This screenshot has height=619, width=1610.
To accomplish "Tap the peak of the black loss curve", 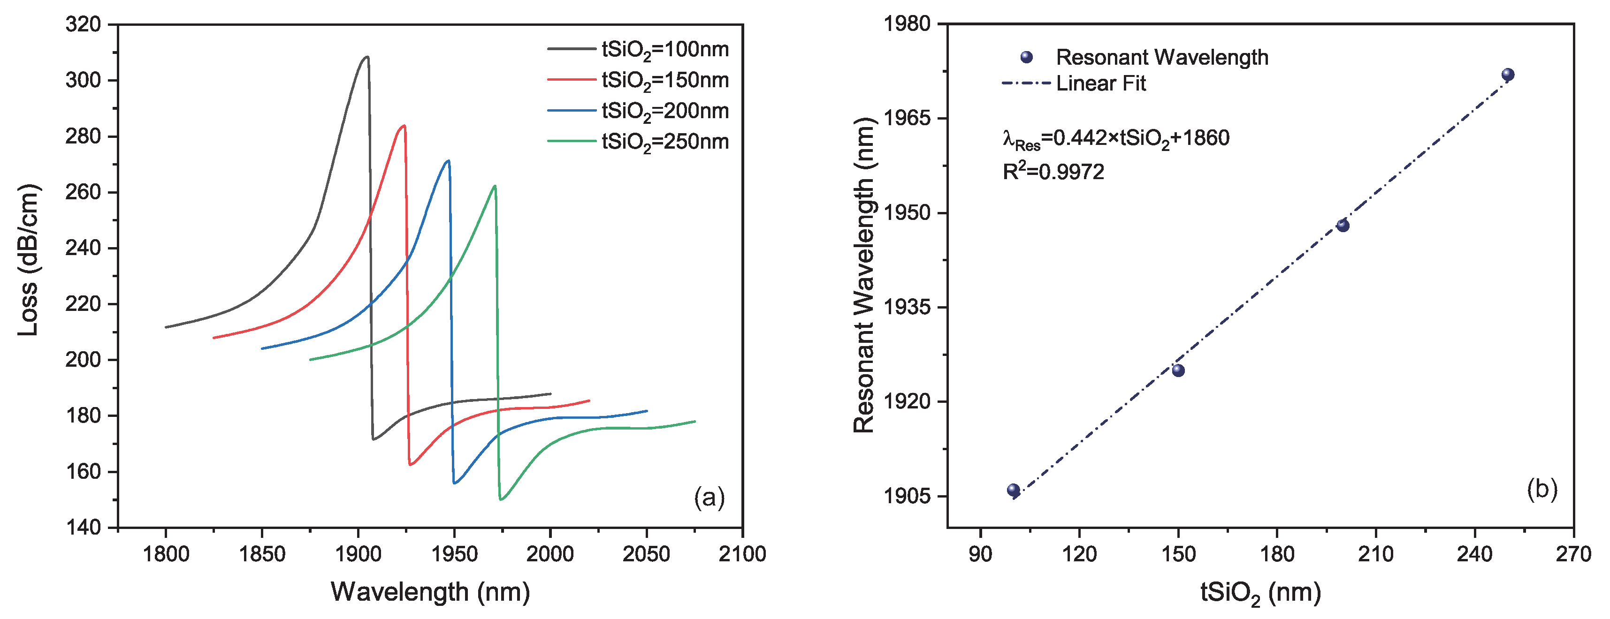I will (367, 57).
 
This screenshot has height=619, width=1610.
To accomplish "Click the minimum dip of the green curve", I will (501, 499).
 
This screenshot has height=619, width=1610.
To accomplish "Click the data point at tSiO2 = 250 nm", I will (1508, 75).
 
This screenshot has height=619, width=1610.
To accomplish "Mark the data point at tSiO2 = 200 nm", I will (1343, 226).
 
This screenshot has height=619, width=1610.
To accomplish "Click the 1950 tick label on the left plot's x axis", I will (454, 554).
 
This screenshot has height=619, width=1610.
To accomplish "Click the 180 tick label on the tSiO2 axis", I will (1276, 554).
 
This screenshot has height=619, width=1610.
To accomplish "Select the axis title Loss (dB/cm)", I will (28, 260).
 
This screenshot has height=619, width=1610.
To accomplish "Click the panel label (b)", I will (1542, 489).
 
